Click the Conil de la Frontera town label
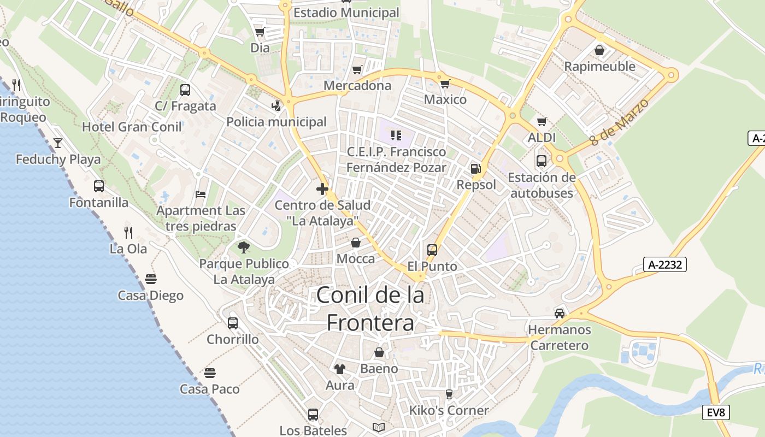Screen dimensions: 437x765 (370, 309)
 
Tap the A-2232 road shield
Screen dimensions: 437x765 (664, 265)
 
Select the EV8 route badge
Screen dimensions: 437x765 (716, 412)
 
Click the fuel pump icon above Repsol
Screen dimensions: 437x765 (476, 169)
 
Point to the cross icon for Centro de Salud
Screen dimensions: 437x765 (322, 190)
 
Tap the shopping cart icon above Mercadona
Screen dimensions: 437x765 (357, 69)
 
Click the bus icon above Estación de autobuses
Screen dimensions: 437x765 (542, 161)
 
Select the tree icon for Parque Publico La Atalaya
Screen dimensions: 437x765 (244, 247)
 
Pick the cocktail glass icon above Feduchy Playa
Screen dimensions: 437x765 (58, 143)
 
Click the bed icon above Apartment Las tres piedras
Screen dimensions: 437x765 (201, 194)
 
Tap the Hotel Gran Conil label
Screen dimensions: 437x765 (132, 127)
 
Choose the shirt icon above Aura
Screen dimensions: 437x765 (340, 369)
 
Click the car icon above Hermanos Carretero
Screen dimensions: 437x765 (560, 314)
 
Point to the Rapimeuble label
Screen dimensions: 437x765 (599, 67)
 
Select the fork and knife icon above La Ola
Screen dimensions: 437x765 (128, 233)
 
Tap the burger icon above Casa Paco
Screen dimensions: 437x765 (210, 373)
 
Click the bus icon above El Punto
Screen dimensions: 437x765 (432, 250)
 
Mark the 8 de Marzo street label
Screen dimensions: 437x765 (620, 122)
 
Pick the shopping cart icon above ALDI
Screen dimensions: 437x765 (542, 121)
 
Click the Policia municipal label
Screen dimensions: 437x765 (276, 122)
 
